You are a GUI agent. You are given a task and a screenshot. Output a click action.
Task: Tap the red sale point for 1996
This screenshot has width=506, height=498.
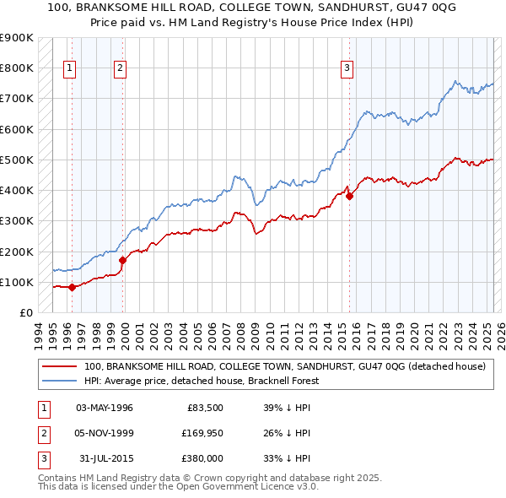pos(72,287)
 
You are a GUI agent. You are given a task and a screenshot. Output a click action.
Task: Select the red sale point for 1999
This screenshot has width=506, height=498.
pos(123,260)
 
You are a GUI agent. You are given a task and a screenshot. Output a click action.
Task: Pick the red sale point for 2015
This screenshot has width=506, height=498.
pos(350,196)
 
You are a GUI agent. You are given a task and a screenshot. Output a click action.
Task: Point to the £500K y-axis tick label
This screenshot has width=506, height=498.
pos(16,160)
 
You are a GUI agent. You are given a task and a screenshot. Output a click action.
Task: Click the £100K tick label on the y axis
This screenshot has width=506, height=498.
pos(16,282)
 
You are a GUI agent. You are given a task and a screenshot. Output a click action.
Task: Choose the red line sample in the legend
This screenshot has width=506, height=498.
pos(58,367)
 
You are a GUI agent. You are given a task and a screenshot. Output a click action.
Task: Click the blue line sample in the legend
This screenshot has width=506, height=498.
pos(58,381)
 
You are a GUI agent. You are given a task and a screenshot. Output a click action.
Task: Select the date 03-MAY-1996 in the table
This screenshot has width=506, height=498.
pos(105,408)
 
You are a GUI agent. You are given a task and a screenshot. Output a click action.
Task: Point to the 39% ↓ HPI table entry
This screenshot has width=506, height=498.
pos(287,408)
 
